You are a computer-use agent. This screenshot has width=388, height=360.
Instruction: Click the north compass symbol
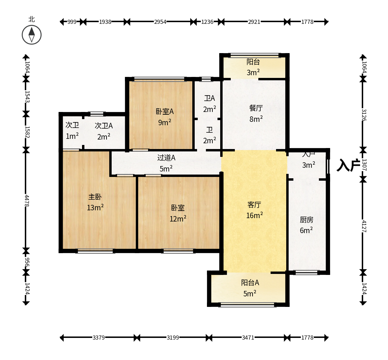click(x=32, y=35)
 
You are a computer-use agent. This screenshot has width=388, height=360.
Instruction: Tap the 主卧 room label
click(x=95, y=197)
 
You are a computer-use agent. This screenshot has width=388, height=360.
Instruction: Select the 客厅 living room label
click(x=254, y=205)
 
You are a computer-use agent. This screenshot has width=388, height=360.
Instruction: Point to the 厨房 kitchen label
click(x=307, y=220)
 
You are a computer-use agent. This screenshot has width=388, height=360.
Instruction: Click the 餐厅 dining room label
click(x=256, y=108)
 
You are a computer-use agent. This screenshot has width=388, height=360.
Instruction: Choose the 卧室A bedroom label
click(x=165, y=112)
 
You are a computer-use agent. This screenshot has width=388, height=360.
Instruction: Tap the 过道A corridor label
click(x=166, y=158)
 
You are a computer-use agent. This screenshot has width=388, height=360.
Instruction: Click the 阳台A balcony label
click(x=250, y=282)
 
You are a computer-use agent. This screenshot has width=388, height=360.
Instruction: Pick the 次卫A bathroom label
click(x=104, y=126)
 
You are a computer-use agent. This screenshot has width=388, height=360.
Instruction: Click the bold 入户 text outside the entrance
click(x=348, y=165)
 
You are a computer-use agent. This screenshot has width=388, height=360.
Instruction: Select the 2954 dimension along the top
click(x=160, y=22)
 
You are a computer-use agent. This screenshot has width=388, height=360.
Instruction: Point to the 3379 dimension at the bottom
click(x=98, y=338)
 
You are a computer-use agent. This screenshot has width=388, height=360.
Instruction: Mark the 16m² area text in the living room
click(x=254, y=215)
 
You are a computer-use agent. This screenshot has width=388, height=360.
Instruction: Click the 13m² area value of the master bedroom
click(x=95, y=207)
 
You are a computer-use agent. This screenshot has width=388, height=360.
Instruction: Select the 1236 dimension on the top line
click(x=207, y=22)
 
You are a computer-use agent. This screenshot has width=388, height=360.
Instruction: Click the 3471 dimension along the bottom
click(x=248, y=338)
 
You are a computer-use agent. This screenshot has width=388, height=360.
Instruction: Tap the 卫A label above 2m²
click(x=210, y=98)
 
